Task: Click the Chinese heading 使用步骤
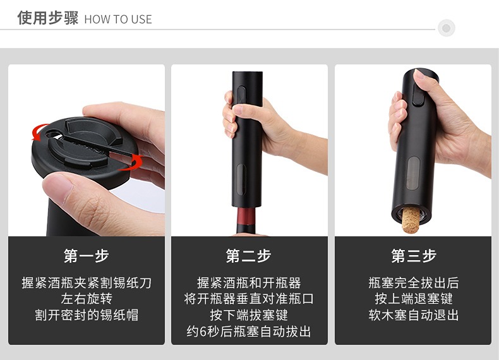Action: (48, 18)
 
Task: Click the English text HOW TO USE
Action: (118, 20)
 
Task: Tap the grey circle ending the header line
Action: (447, 28)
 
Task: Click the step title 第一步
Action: (87, 256)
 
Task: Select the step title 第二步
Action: (249, 256)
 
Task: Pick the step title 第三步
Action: (413, 256)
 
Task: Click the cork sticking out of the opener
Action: (411, 220)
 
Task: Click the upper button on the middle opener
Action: (241, 95)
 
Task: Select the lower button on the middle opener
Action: (241, 179)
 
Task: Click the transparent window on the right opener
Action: (413, 173)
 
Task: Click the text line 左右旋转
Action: (87, 299)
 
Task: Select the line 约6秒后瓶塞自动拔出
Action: (249, 332)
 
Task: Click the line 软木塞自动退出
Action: (413, 315)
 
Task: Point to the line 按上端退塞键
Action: (413, 299)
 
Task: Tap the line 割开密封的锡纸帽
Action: (87, 315)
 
